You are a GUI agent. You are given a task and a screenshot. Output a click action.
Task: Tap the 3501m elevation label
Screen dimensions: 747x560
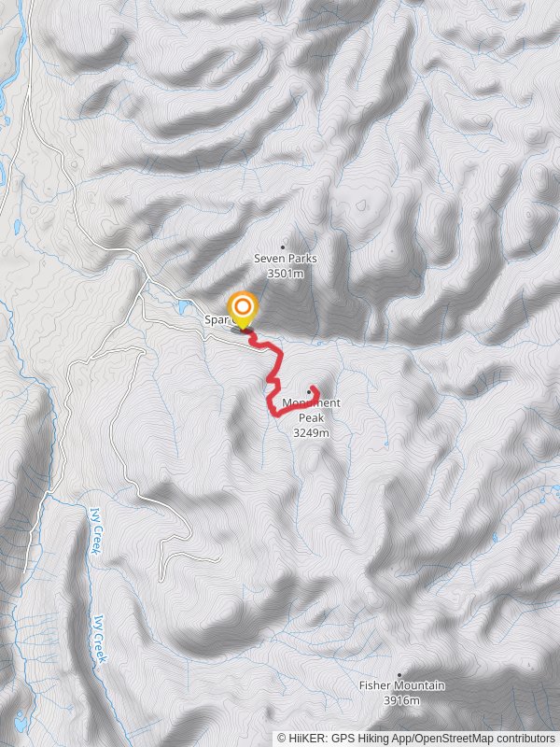[286, 274]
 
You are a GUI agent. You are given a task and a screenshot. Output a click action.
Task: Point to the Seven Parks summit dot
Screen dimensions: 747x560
[283, 247]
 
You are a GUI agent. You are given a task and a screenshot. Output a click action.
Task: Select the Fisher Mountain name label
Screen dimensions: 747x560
[402, 685]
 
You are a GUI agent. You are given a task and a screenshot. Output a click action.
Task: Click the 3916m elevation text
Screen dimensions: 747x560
[402, 700]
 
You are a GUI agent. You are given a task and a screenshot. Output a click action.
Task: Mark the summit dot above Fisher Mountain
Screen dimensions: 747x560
[400, 674]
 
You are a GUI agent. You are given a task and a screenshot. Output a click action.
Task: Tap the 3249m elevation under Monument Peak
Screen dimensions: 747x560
[311, 432]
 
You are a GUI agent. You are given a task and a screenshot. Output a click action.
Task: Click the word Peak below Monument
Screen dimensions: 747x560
[311, 418]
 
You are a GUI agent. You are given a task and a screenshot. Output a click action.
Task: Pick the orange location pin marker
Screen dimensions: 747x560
[243, 308]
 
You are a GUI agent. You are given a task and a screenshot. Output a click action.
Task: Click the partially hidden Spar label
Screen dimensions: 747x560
[214, 319]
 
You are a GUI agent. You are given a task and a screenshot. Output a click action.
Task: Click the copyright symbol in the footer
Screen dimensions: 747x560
[282, 738]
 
